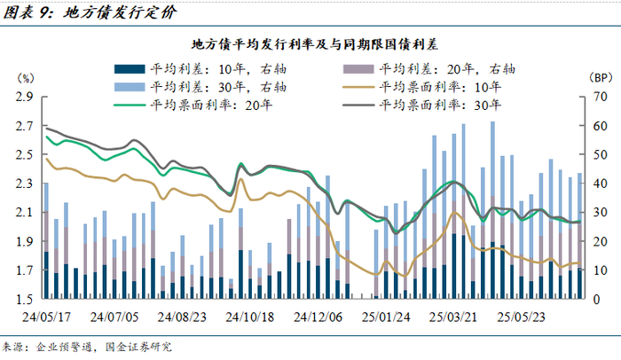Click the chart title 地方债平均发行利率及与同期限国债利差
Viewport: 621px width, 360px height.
point(315,44)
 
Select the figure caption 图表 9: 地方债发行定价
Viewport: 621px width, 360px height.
point(90,12)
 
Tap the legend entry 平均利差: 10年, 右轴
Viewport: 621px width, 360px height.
point(200,69)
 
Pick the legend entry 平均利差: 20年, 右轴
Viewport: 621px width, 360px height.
point(428,69)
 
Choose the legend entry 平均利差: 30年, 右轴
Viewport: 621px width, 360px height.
point(200,87)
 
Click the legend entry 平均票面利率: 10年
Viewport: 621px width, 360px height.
point(422,87)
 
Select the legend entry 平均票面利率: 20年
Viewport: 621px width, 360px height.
point(193,105)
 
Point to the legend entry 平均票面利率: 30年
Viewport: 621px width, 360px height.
point(422,105)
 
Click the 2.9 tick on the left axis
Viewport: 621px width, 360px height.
point(25,97)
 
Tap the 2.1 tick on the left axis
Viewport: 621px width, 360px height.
point(25,212)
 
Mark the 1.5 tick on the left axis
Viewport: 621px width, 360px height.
point(25,300)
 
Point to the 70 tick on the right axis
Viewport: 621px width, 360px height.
point(600,97)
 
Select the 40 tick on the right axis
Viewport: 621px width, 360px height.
point(600,184)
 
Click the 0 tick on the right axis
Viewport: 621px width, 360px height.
point(597,300)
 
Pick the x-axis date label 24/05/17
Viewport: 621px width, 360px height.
point(46,317)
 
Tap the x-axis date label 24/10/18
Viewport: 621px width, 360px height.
point(250,317)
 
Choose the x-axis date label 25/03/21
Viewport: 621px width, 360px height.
point(453,317)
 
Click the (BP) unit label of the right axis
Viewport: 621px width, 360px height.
point(601,78)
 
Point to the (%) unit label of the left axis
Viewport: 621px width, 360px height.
point(26,78)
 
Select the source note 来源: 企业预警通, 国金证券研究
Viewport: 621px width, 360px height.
point(87,348)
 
